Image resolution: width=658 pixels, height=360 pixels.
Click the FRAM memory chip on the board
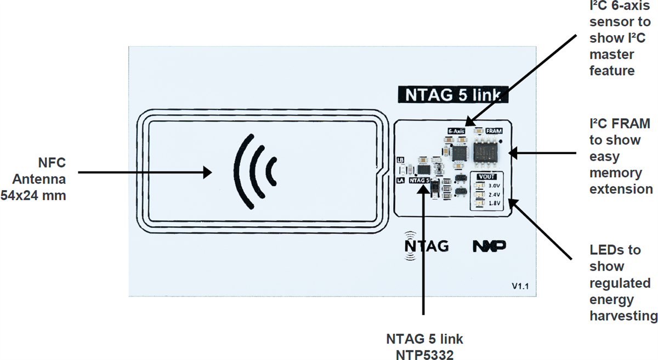[487, 150]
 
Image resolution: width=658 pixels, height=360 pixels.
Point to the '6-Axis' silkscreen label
[456, 131]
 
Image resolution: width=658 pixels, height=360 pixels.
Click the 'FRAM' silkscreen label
[493, 131]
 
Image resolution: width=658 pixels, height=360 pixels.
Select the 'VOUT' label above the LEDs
[487, 177]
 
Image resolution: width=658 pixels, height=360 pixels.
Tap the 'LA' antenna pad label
[400, 179]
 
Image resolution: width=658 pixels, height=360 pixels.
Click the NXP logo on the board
[489, 246]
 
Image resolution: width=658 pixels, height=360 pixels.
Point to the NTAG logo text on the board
[427, 246]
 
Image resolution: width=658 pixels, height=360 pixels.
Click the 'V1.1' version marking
[520, 286]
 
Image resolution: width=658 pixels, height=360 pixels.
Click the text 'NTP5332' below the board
[424, 355]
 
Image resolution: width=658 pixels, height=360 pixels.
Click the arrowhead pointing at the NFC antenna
[208, 173]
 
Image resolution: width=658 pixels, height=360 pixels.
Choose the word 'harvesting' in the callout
[623, 316]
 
